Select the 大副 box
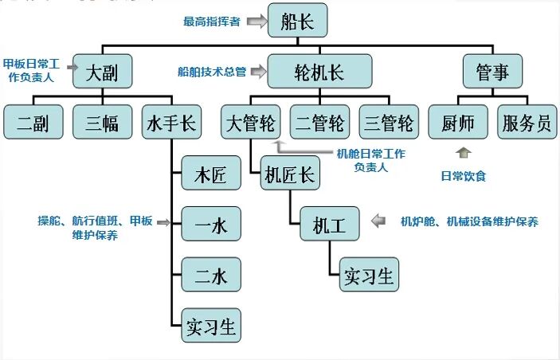point(102,72)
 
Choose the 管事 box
point(497,72)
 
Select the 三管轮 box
point(389,123)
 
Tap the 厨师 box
point(458,123)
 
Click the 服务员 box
point(527,123)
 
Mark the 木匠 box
point(211,175)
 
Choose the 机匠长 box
point(290,175)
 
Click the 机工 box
point(329,225)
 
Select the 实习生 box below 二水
point(211,326)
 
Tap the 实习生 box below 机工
point(369,276)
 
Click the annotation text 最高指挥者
point(210,22)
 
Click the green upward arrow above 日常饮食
point(464,151)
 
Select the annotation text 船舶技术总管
point(212,72)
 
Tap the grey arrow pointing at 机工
point(382,219)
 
